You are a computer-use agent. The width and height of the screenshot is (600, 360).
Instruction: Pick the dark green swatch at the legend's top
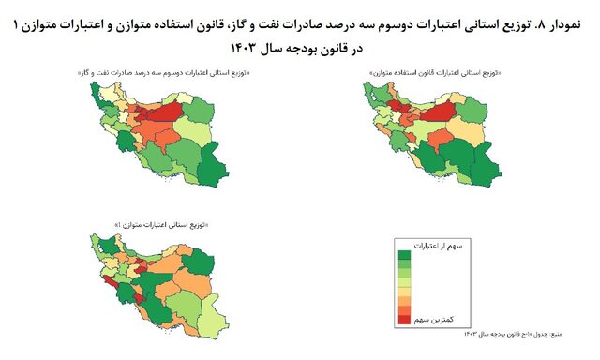tap(405, 255)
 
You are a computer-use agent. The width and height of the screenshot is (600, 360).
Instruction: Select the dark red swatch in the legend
tap(405, 320)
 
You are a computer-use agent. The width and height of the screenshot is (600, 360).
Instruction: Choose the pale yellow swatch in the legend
tap(405, 285)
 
